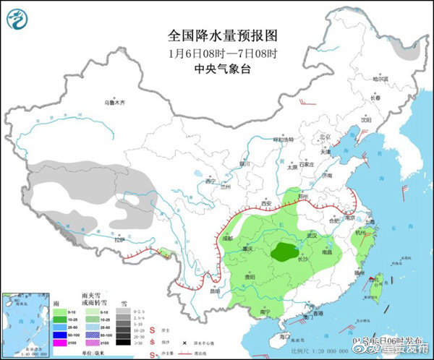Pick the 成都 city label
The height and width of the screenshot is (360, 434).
click(229, 236)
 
